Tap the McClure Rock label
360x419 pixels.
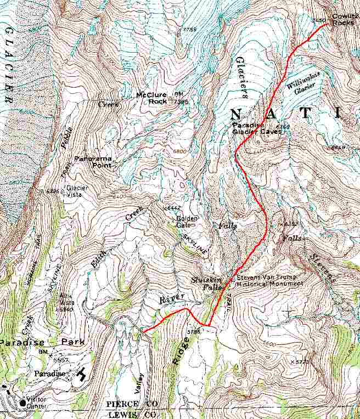point(154,98)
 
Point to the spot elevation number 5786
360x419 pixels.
point(194,332)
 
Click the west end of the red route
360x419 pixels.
point(143,331)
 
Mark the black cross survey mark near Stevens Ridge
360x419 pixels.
point(289,312)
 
